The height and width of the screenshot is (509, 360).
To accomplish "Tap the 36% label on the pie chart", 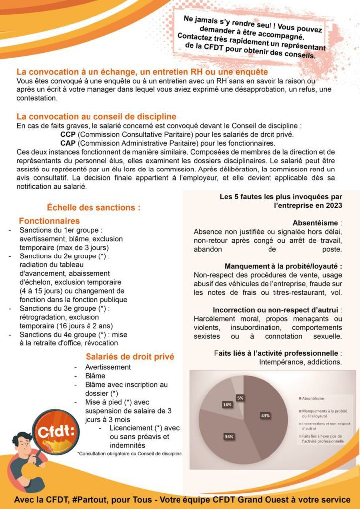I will coord(229,436).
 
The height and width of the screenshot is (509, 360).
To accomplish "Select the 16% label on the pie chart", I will coord(227,405).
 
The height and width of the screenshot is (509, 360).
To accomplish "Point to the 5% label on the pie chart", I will coord(240,398).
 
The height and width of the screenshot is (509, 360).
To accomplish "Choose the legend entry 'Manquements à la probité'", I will coord(323,413).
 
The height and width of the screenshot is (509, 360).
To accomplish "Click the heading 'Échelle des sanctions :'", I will coord(93,207).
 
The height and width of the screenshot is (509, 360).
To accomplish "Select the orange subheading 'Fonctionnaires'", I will coord(49,221).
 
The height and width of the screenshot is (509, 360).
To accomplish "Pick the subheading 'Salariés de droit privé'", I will coord(130,356).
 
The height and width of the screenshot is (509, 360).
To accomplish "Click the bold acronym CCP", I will coord(68,134).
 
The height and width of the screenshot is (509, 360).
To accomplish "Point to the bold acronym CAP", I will coord(68,143).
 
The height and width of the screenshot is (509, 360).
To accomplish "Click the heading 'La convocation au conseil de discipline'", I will coord(96,117).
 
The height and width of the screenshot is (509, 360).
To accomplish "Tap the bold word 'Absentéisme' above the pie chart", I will coord(316,223).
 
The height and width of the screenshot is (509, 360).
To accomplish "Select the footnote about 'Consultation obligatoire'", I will coord(129,453).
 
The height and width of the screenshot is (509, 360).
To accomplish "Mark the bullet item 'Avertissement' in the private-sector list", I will coord(108,367).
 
